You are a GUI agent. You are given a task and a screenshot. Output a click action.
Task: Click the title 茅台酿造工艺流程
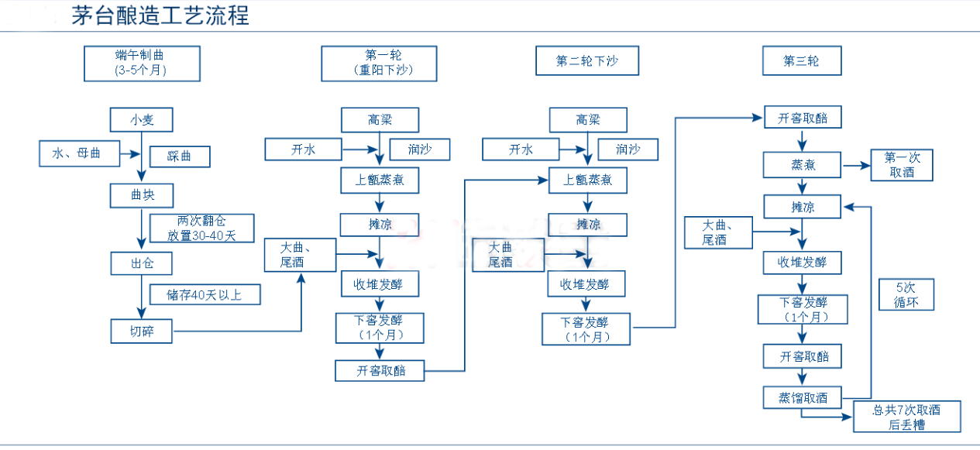click(160, 15)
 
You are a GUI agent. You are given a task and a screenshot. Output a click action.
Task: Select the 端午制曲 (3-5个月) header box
click(142, 64)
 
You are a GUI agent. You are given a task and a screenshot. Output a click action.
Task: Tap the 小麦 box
click(141, 120)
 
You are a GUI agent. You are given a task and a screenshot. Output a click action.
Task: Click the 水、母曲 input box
click(80, 153)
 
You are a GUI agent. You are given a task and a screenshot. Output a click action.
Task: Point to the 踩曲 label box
click(179, 156)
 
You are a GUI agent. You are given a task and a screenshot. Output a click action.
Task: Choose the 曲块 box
click(141, 193)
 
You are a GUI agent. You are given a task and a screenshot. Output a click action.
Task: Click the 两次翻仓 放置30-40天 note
click(201, 228)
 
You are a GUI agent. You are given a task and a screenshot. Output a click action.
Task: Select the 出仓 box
click(141, 264)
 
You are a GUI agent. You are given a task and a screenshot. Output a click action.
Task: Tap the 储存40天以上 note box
click(204, 294)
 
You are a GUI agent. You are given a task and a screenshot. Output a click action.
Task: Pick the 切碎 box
click(141, 331)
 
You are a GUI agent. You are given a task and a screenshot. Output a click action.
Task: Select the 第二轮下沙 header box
click(586, 61)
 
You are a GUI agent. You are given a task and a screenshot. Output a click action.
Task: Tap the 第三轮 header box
click(801, 61)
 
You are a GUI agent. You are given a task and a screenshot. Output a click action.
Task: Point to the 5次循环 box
click(906, 294)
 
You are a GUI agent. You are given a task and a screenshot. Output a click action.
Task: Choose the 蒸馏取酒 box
click(802, 398)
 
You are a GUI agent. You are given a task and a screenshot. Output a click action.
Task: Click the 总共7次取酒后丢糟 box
click(906, 417)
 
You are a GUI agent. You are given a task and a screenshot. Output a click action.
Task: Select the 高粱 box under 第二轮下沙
click(587, 120)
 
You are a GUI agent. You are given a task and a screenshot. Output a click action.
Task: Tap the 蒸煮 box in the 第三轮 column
click(802, 165)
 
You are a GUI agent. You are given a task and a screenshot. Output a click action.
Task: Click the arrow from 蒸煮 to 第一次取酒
click(855, 165)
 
